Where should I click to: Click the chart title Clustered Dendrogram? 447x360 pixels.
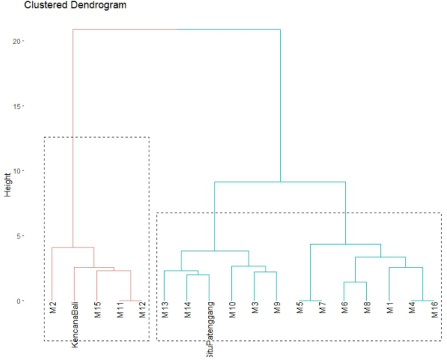coord(75,5)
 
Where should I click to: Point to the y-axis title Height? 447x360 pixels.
coord(8,185)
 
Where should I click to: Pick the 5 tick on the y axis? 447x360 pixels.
coord(19,236)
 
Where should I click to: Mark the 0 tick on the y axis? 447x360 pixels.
coord(19,301)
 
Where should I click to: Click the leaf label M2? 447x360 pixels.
coord(53,307)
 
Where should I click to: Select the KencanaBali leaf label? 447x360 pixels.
coord(75,325)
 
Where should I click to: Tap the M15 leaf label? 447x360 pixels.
coord(97,310)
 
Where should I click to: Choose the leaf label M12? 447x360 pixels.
coord(142,310)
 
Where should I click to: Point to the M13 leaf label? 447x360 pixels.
coord(165,310)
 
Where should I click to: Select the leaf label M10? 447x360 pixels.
coord(232,310)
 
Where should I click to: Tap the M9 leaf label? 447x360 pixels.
coord(277,307)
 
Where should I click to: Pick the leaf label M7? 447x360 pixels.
coord(323,307)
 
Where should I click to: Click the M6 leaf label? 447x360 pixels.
coord(344,307)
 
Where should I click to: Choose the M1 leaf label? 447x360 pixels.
coord(390,307)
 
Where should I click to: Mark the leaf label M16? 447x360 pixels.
coord(434,310)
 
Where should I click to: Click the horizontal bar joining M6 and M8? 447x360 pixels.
coord(355,282)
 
